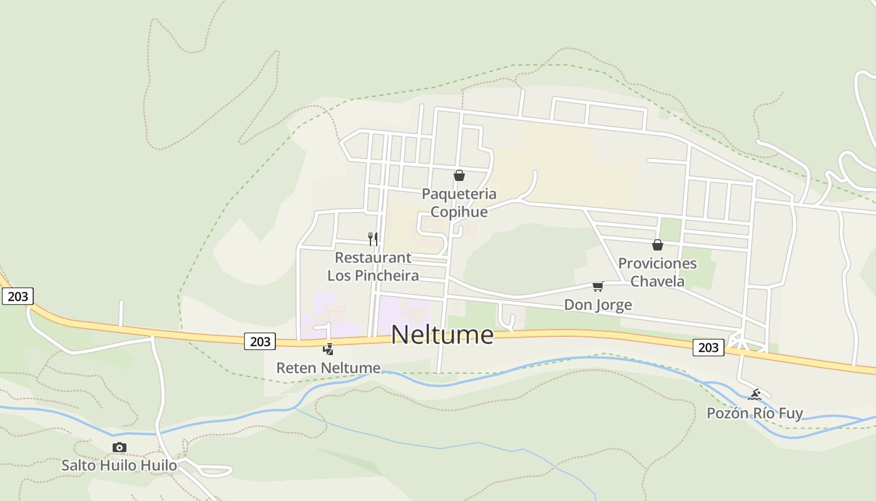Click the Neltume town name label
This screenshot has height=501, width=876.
coord(442,334)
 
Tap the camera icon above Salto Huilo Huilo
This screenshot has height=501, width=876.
coord(119,447)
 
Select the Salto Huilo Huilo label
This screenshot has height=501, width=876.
coord(119,465)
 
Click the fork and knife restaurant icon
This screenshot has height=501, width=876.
coord(373,239)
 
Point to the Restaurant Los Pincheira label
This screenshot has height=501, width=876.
coord(373,266)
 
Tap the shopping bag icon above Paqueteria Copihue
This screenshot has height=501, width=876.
coord(459,175)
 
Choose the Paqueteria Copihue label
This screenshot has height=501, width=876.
coord(459,202)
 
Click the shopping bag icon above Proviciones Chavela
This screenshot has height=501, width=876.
coord(657,245)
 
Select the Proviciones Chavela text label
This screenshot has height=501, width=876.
coord(657,272)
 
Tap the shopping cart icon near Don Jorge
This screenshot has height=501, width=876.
coord(598,287)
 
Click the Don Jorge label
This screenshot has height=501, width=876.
coord(598,305)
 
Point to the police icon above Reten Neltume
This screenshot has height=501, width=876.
coord(328,349)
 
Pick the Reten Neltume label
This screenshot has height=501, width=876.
coord(328,368)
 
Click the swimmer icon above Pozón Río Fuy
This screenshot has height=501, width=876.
coord(755,395)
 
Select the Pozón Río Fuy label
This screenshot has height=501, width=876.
coord(755,413)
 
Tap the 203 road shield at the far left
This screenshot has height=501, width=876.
coord(18,296)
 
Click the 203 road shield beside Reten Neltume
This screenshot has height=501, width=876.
coord(260,341)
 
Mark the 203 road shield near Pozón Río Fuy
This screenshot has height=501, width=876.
coord(708,348)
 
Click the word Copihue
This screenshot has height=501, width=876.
coord(459,212)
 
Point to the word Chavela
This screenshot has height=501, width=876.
coord(657,281)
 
